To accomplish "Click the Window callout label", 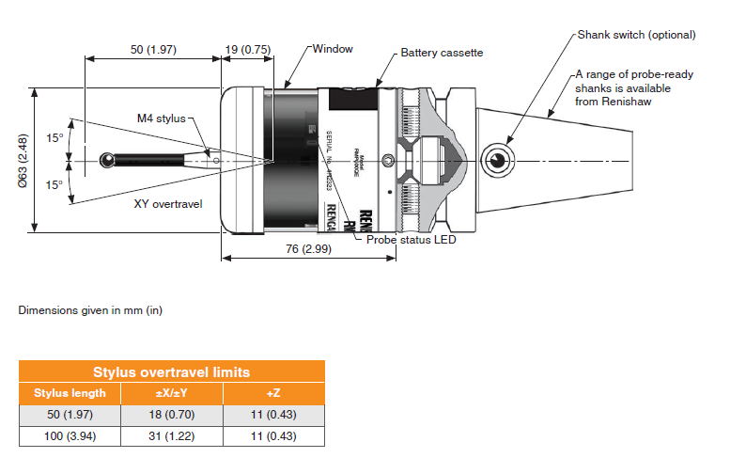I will click(x=333, y=48).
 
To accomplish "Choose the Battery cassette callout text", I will click(x=442, y=53).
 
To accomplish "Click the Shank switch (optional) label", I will click(x=635, y=35).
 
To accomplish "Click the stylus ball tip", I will click(x=105, y=161).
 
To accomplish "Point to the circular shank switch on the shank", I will click(x=495, y=159).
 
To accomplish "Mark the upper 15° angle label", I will click(x=54, y=138).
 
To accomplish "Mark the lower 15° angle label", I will click(x=54, y=184).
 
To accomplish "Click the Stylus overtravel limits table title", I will click(x=171, y=372).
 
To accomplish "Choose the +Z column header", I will click(x=272, y=393).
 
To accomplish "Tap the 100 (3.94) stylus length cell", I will click(x=70, y=435).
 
